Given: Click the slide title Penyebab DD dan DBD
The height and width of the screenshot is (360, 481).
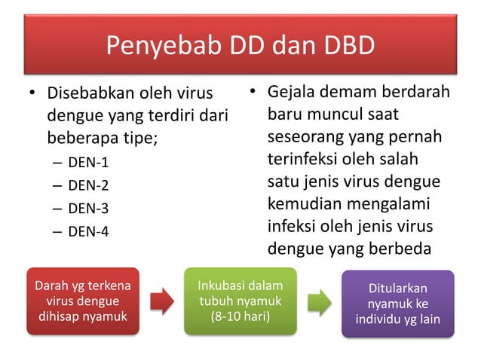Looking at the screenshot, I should click(x=240, y=47).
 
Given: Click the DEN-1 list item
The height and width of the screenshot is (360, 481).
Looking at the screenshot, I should click(x=88, y=162).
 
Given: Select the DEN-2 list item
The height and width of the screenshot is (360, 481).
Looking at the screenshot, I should click(x=88, y=185).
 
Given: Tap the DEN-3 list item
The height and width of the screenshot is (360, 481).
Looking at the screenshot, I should click(x=88, y=209).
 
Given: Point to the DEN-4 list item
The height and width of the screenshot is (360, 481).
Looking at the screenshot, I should click(x=88, y=232).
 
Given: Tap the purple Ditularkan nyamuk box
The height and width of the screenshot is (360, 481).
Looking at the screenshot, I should click(x=400, y=304).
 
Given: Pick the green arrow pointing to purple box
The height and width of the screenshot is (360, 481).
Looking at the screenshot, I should click(x=320, y=301).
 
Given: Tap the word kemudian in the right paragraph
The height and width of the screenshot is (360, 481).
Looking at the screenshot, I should click(x=302, y=203).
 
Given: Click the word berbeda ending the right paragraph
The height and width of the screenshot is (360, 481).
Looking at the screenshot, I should click(x=404, y=247).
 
